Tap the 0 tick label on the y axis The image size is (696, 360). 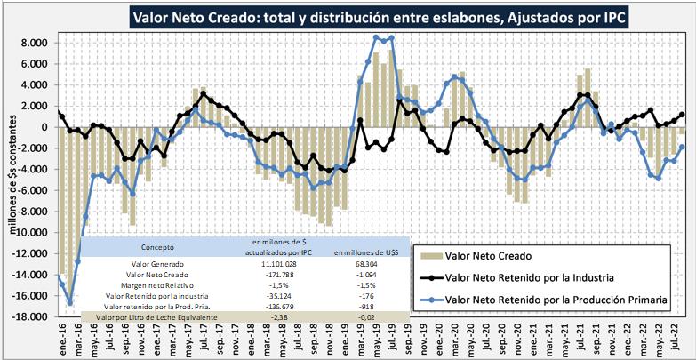coord(41,127)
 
